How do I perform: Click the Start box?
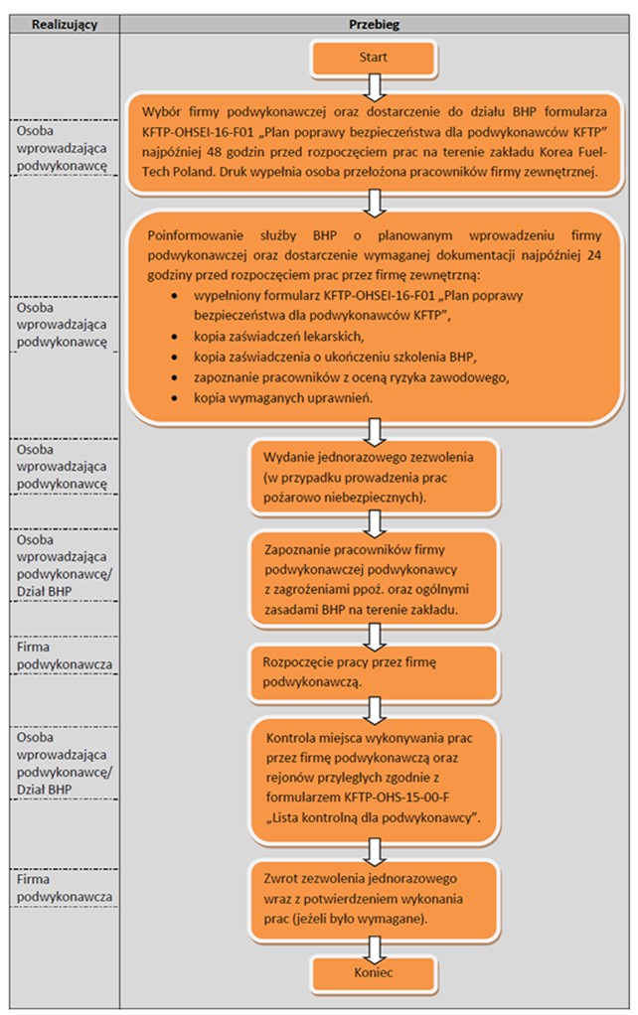pyautogui.click(x=373, y=58)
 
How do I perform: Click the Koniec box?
pyautogui.click(x=373, y=972)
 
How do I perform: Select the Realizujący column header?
pyautogui.click(x=65, y=25)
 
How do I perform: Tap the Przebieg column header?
pyautogui.click(x=375, y=25)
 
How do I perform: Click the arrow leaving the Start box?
pyautogui.click(x=374, y=87)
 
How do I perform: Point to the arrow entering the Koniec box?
pyautogui.click(x=374, y=948)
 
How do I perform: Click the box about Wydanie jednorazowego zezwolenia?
pyautogui.click(x=374, y=478)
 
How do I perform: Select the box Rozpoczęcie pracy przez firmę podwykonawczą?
pyautogui.click(x=374, y=672)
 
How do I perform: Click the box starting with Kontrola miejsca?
pyautogui.click(x=374, y=779)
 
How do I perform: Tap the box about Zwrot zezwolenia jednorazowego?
pyautogui.click(x=374, y=900)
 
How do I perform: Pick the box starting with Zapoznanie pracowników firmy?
pyautogui.click(x=374, y=579)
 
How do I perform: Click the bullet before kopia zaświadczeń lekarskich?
pyautogui.click(x=175, y=338)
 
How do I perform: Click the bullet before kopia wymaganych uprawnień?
pyautogui.click(x=175, y=399)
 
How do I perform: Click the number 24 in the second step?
pyautogui.click(x=594, y=255)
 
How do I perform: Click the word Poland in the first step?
pyautogui.click(x=195, y=173)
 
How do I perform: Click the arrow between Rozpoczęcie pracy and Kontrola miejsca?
pyautogui.click(x=374, y=709)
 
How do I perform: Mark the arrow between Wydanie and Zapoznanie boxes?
pyautogui.click(x=374, y=523)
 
